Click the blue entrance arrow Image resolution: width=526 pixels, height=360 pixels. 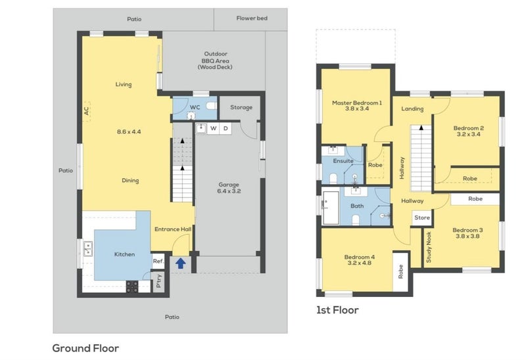pyautogui.click(x=181, y=263)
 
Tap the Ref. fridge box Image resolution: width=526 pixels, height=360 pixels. pyautogui.click(x=158, y=261)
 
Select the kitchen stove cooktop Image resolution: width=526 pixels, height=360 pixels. pyautogui.click(x=132, y=286)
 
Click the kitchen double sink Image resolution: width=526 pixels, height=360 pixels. pyautogui.click(x=88, y=249)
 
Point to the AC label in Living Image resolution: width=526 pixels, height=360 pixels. pyautogui.click(x=87, y=111)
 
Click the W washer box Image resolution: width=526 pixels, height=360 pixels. pyautogui.click(x=213, y=128)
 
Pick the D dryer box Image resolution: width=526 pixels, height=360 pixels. pyautogui.click(x=226, y=128)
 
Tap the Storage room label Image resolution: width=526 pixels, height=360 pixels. pyautogui.click(x=241, y=107)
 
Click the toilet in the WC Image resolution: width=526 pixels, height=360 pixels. pyautogui.click(x=211, y=106)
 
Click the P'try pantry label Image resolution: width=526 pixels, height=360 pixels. pyautogui.click(x=159, y=281)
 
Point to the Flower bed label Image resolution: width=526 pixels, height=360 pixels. pyautogui.click(x=252, y=18)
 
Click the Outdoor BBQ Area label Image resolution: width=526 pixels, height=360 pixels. pyautogui.click(x=216, y=60)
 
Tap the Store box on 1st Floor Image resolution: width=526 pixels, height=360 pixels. pyautogui.click(x=422, y=218)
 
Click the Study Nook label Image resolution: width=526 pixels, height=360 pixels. pyautogui.click(x=429, y=248)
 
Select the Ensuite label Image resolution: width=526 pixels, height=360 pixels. pyautogui.click(x=343, y=161)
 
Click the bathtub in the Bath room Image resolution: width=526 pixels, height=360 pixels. pyautogui.click(x=331, y=208)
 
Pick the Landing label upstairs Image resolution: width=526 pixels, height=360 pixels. pyautogui.click(x=412, y=108)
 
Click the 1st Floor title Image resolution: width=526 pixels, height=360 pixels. pyautogui.click(x=337, y=310)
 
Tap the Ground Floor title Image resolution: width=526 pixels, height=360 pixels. pyautogui.click(x=85, y=348)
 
